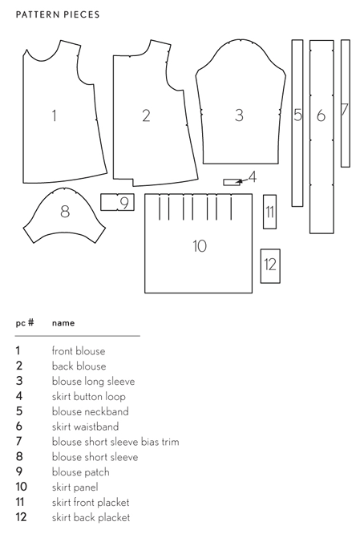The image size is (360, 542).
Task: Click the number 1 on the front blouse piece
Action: pyautogui.click(x=54, y=115)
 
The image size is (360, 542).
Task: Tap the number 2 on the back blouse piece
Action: pyautogui.click(x=146, y=115)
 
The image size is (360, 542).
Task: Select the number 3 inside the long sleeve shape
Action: pyautogui.click(x=239, y=115)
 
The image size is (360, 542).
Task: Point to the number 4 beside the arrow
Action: pyautogui.click(x=253, y=176)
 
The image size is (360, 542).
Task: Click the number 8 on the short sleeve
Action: pyautogui.click(x=65, y=211)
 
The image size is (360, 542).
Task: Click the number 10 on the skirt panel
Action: pyautogui.click(x=200, y=246)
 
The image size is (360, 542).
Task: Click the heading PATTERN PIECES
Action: pyautogui.click(x=58, y=14)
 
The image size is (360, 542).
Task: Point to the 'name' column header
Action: pyautogui.click(x=63, y=323)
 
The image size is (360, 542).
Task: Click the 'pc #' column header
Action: pyautogui.click(x=25, y=323)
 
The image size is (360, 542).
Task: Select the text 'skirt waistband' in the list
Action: pyautogui.click(x=86, y=427)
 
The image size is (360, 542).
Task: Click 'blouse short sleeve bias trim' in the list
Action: pyautogui.click(x=115, y=442)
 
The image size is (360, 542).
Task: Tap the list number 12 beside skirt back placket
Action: pyautogui.click(x=21, y=517)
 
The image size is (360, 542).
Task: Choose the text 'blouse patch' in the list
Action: pyautogui.click(x=80, y=472)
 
